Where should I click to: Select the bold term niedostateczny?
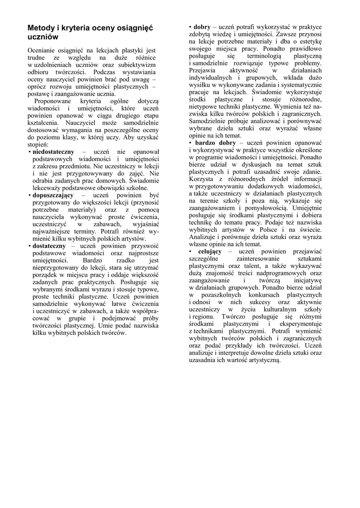point(54,151)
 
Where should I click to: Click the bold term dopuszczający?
point(53,195)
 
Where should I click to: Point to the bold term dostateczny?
point(50,246)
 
